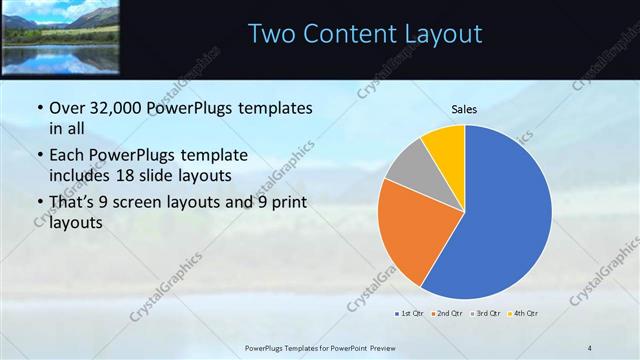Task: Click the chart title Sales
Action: point(464,108)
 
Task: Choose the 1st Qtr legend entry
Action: point(409,314)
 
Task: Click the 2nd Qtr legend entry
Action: point(445,314)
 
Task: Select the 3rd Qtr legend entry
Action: point(486,314)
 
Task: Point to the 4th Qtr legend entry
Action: point(524,314)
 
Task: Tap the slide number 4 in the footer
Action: point(589,347)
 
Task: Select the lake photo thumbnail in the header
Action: point(60,37)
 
